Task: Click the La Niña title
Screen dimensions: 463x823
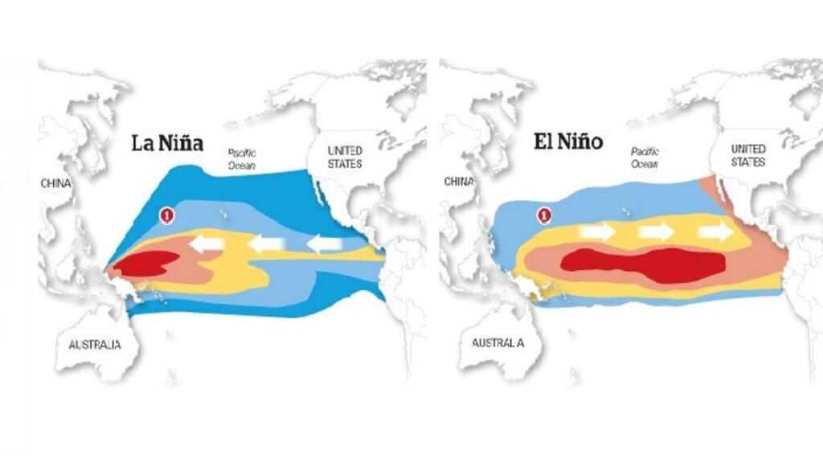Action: tap(168, 145)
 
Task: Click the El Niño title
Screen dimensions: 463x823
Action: tap(569, 143)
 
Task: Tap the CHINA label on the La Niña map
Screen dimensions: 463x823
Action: tap(55, 183)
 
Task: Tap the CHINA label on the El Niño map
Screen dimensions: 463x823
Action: tap(458, 182)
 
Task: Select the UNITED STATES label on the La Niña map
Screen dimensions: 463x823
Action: tap(345, 157)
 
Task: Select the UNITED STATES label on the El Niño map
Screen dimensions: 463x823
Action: tap(748, 155)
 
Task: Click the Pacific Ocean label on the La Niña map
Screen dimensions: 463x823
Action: tap(242, 158)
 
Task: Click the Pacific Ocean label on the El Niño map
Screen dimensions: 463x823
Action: tap(645, 157)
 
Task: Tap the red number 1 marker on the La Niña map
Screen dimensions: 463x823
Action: tap(167, 215)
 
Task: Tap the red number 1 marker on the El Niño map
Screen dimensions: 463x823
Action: tap(544, 215)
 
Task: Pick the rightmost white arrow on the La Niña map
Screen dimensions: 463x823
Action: tap(326, 243)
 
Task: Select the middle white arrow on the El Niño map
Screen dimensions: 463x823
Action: tap(655, 232)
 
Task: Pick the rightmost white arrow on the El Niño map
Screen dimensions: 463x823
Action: tap(715, 232)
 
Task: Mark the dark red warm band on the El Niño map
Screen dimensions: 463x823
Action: tap(643, 264)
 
